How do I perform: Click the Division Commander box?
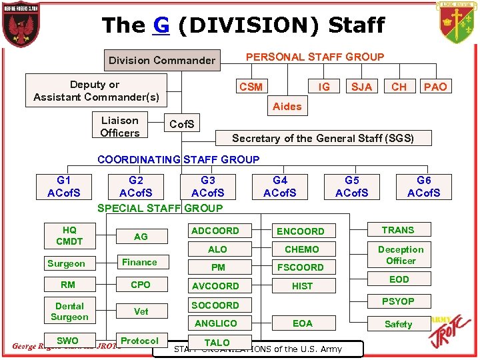coord(162,61)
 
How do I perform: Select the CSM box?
coord(251,87)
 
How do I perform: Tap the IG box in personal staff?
coord(324,86)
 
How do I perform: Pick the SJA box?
coord(361,87)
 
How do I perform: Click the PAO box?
coord(435,87)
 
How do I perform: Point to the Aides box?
coord(287,106)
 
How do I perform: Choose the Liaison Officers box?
coord(120,127)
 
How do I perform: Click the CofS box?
coord(182,125)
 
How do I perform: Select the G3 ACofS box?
coord(208,187)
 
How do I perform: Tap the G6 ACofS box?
coord(424,187)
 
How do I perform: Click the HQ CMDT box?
coord(69,236)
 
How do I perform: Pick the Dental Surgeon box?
coord(69,311)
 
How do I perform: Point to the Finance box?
coord(140,262)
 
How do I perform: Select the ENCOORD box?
coord(300,231)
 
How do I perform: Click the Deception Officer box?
coord(401,255)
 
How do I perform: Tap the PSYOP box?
coord(398,301)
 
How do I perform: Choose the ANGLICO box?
coord(215,323)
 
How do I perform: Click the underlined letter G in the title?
coord(161,25)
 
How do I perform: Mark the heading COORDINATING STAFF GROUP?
coord(178,159)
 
